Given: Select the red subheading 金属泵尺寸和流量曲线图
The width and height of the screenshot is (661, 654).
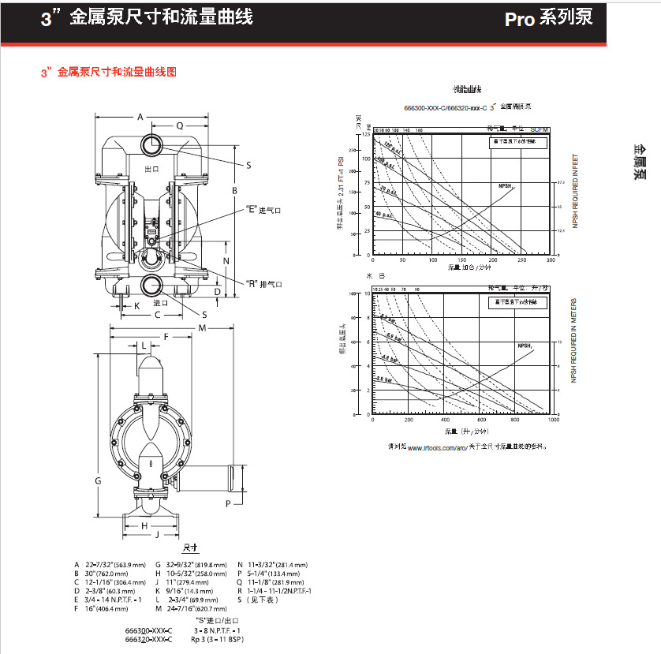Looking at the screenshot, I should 109,72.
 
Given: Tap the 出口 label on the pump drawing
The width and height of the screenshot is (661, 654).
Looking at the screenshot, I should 152,170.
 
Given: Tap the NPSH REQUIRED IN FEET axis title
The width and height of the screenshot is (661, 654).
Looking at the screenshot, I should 574,191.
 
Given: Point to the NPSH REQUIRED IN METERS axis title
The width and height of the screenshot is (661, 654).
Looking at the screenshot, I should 574,342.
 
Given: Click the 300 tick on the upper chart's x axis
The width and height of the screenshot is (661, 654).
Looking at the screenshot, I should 551,260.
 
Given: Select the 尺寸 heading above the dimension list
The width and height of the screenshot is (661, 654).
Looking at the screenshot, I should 191,547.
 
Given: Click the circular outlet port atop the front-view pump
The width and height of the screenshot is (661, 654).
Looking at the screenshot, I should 151,144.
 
